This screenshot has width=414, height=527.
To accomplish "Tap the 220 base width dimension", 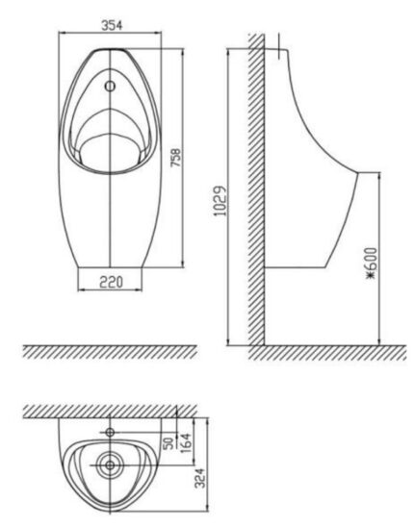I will (x=108, y=284).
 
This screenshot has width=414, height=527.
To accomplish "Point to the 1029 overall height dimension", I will (x=220, y=201).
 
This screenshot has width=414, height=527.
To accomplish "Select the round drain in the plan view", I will (x=109, y=468).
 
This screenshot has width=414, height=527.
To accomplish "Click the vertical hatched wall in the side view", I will (x=257, y=192).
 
